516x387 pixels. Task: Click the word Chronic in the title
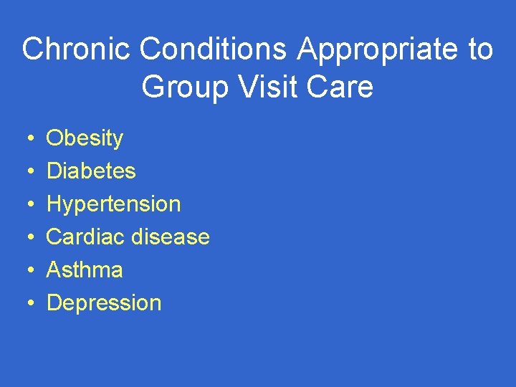coord(77,50)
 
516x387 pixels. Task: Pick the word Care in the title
coord(344,87)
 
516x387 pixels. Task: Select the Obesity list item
coord(85,138)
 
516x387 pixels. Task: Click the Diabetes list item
coord(91,171)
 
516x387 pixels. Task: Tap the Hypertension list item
coord(113,204)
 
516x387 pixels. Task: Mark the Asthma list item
coord(85,269)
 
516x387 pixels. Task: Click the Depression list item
coord(104,303)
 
